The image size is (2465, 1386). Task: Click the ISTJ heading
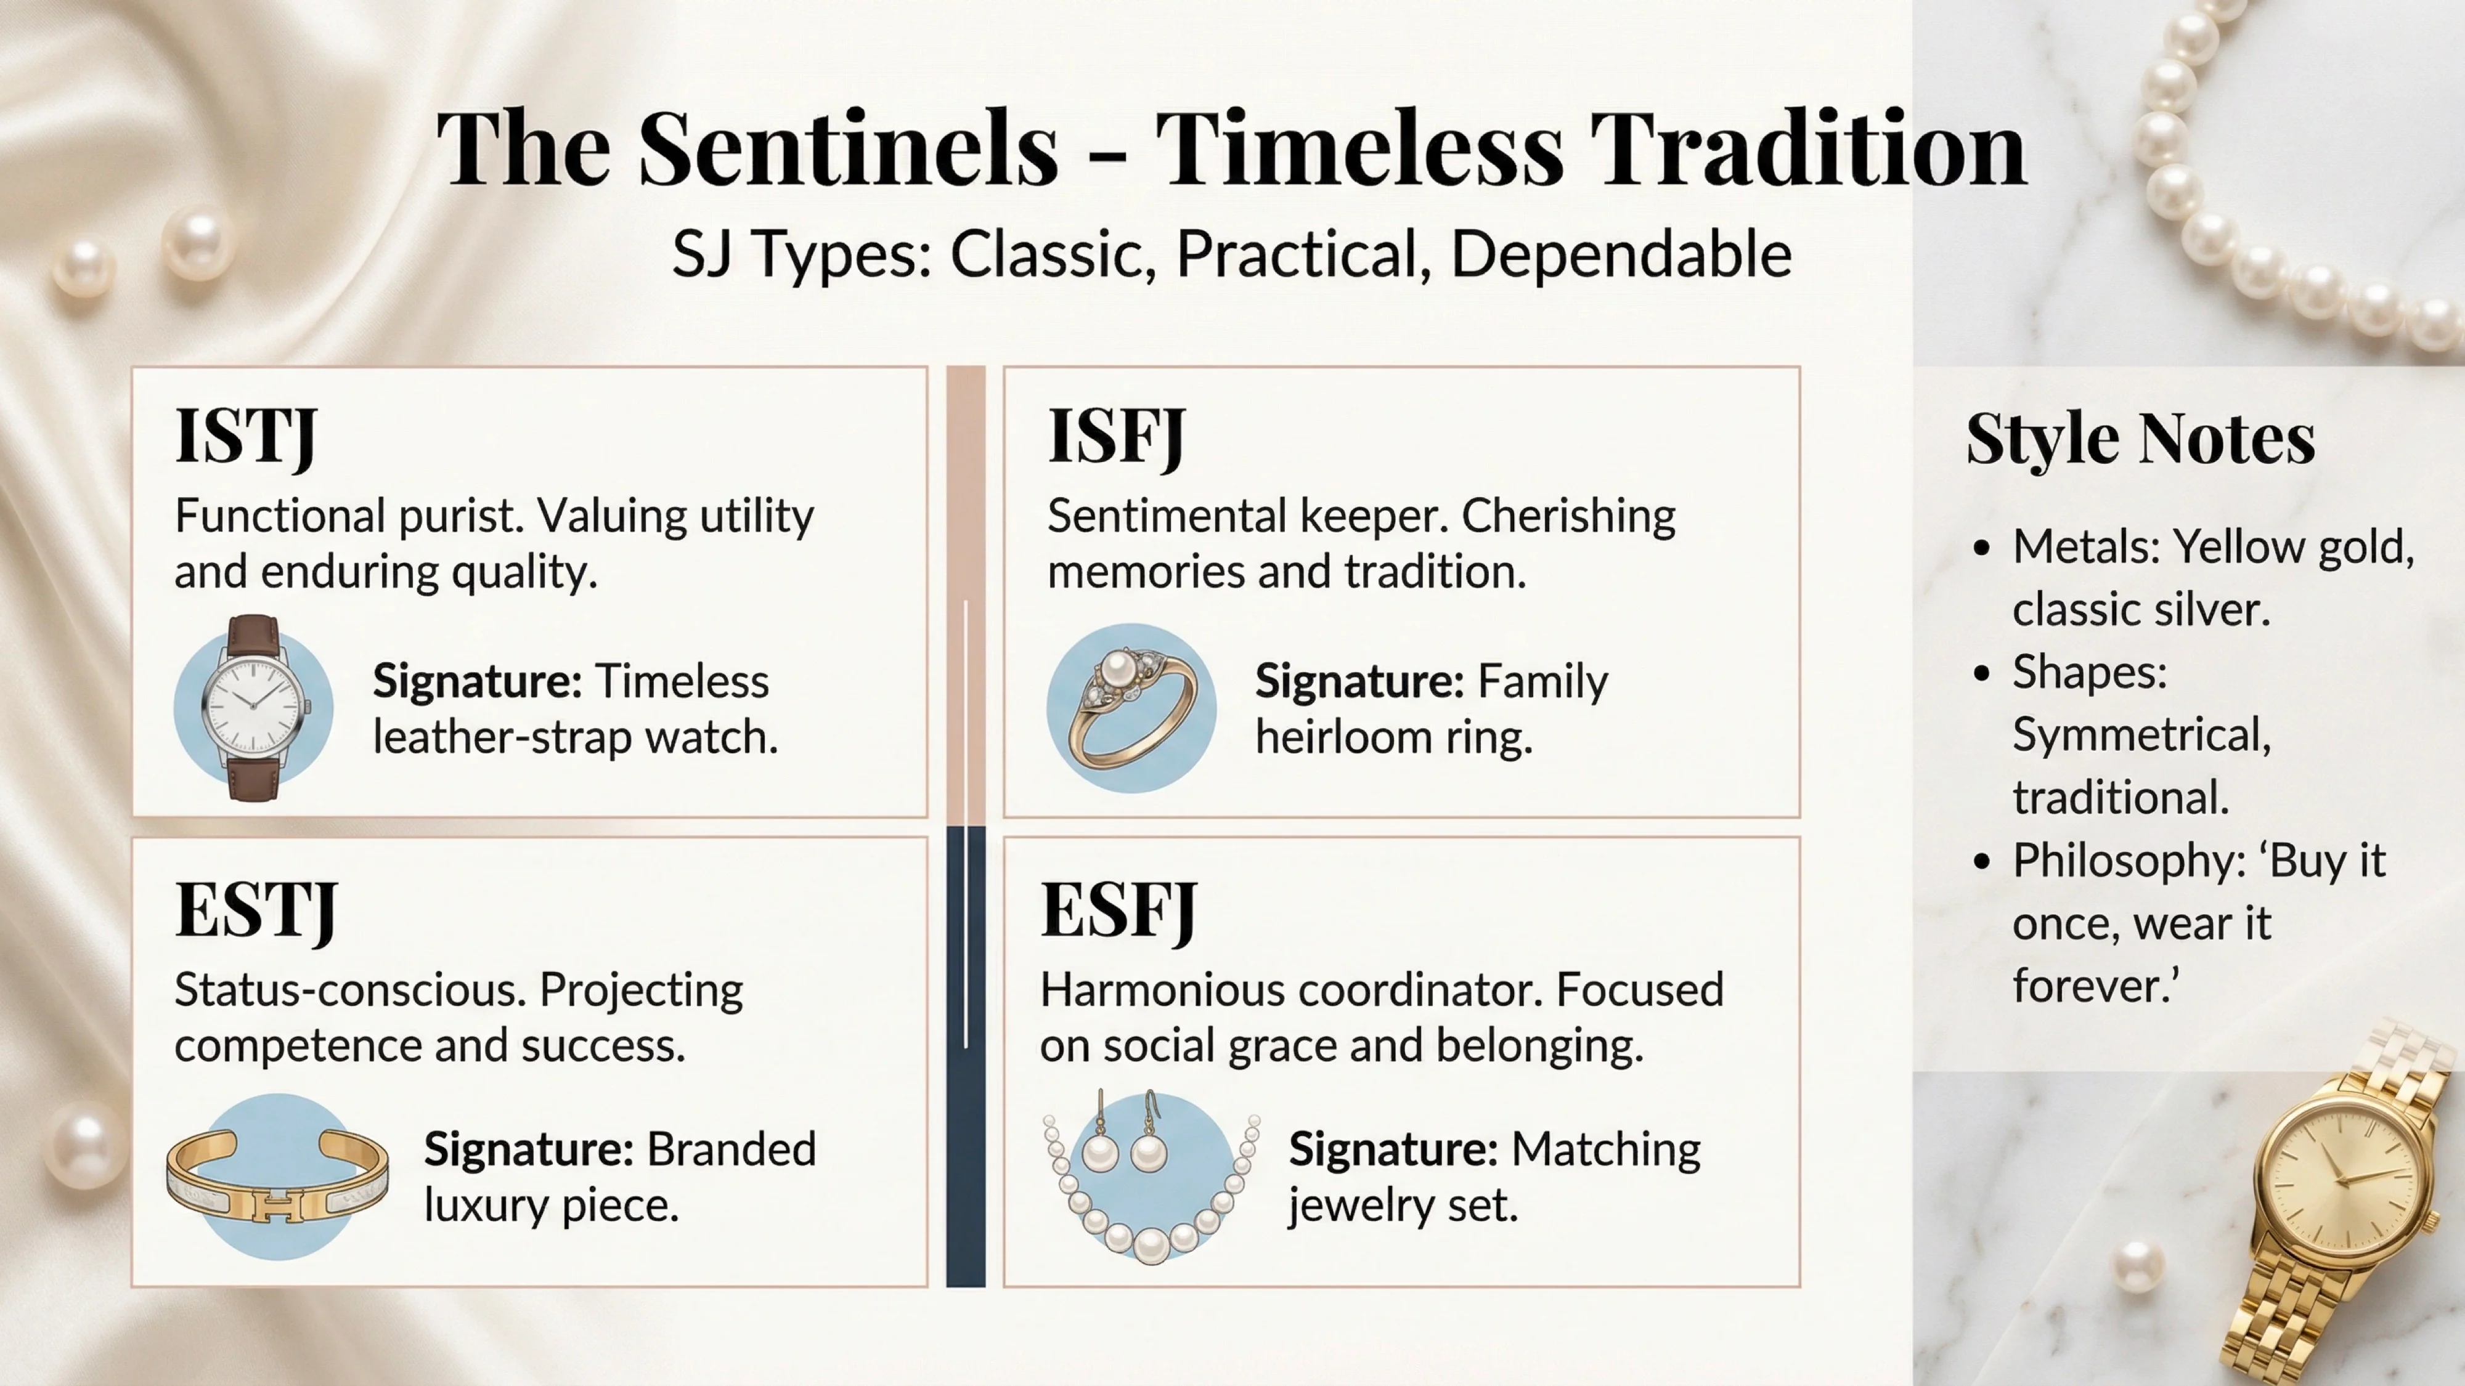coord(246,436)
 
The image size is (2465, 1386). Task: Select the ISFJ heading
coord(1117,436)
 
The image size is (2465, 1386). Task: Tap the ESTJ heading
coord(256,910)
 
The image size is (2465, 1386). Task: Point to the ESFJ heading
coord(1118,910)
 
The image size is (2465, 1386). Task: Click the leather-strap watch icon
coord(253,708)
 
